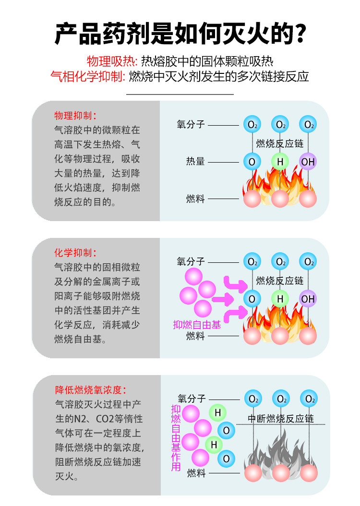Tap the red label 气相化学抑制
click(88, 76)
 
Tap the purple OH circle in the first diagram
click(308, 162)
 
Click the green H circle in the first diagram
click(280, 162)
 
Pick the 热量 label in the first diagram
click(195, 162)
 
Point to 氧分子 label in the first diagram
click(191, 125)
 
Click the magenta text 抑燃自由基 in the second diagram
click(197, 325)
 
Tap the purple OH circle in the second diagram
click(308, 299)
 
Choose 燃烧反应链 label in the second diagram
click(279, 281)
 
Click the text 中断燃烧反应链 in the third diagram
click(281, 418)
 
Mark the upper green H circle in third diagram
click(217, 412)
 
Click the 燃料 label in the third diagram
click(196, 473)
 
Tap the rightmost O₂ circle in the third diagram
click(308, 399)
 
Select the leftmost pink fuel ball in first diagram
click(252, 199)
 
